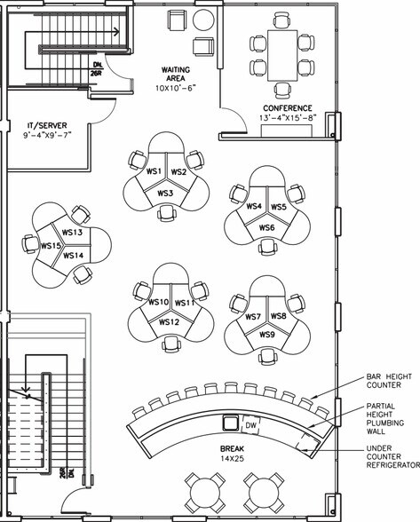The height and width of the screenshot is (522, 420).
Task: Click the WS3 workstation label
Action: tap(165, 193)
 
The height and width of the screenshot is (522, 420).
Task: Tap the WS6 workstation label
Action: tap(266, 228)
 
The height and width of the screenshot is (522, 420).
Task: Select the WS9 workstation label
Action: tap(266, 335)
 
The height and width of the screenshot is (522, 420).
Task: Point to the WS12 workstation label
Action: tap(169, 321)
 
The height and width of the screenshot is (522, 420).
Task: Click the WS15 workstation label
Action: tap(50, 246)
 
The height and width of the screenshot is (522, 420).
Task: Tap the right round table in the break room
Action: tap(263, 491)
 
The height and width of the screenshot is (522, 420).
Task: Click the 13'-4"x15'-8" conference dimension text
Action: tap(288, 118)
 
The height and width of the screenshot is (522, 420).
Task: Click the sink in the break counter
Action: tap(231, 423)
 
